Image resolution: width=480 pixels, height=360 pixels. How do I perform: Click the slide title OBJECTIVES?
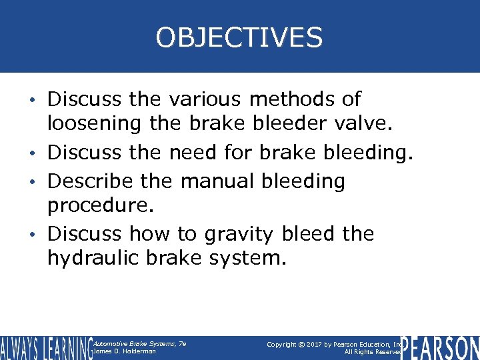(x=239, y=37)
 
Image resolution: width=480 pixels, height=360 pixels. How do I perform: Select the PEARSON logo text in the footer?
(x=440, y=347)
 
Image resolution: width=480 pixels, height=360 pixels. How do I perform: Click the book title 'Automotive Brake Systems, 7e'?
(x=139, y=343)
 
